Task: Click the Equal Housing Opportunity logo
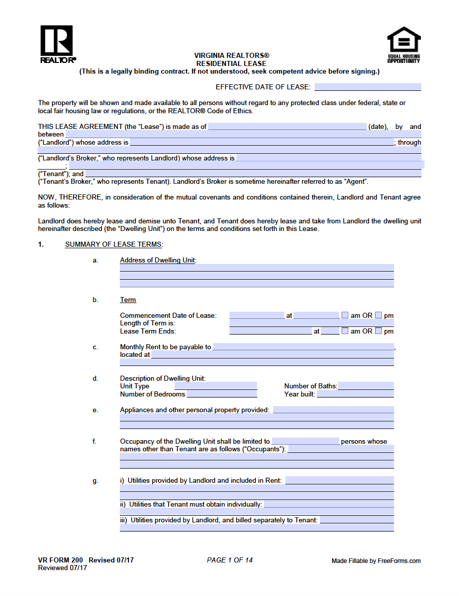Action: [404, 45]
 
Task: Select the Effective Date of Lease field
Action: [368, 87]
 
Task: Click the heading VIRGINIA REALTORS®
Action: [232, 55]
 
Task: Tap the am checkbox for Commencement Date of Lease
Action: [345, 315]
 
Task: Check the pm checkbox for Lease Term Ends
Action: [379, 331]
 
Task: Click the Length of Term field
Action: [311, 323]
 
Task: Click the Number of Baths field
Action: [366, 386]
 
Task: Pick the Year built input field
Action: [355, 394]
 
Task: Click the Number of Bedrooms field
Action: [222, 394]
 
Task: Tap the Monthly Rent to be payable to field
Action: [303, 347]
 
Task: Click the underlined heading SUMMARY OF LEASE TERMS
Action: [113, 244]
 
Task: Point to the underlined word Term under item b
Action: [128, 300]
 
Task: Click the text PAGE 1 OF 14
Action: [229, 560]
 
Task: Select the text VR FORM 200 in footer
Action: [60, 560]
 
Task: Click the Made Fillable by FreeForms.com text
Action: [376, 560]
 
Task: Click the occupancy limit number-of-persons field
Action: [305, 441]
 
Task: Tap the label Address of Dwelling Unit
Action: [157, 260]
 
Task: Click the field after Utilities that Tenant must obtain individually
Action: [329, 504]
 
